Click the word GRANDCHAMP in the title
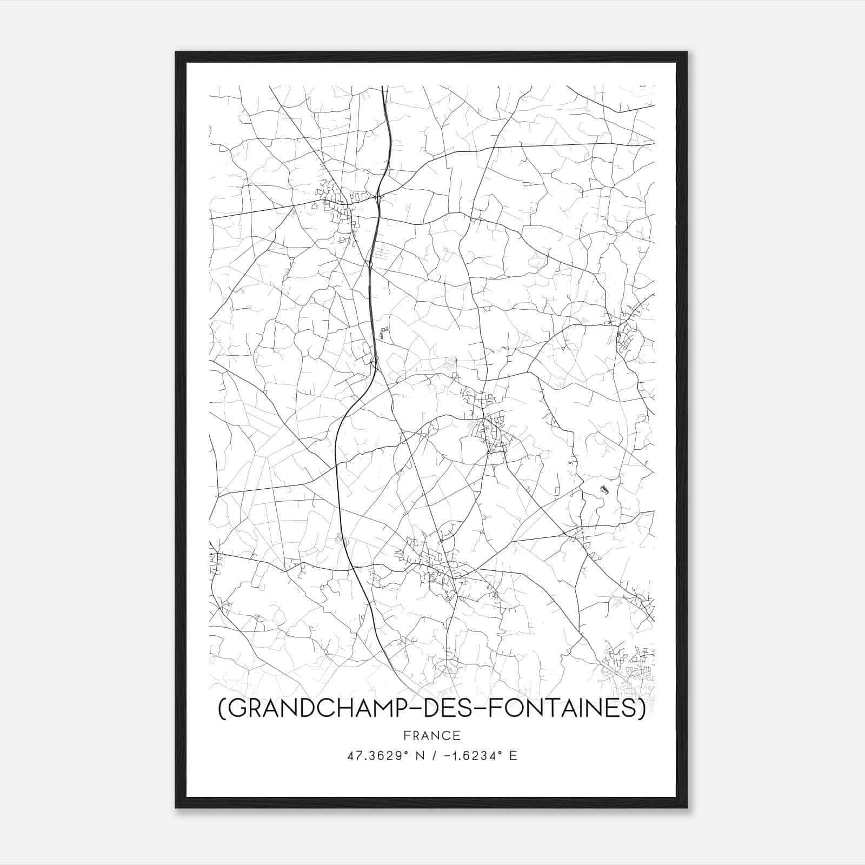[x=313, y=709]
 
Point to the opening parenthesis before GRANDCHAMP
[x=222, y=710]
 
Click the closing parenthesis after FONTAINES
[x=642, y=710]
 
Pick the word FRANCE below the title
[x=432, y=736]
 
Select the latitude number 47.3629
[x=369, y=756]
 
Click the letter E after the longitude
[x=513, y=756]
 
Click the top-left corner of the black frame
[x=176, y=52]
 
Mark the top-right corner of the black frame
[x=687, y=52]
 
